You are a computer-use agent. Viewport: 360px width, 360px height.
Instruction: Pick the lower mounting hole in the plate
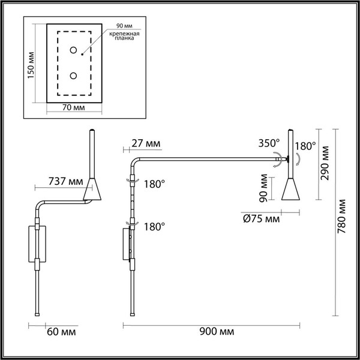[74, 76]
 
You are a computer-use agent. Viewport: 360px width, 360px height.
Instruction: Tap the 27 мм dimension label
[145, 143]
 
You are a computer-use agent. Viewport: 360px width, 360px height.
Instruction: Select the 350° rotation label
[268, 143]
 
